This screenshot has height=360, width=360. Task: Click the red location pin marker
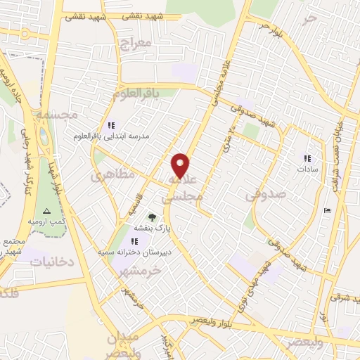click(181, 165)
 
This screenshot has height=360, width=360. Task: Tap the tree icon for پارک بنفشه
click(151, 217)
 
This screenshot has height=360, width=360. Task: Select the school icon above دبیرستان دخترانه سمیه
click(134, 241)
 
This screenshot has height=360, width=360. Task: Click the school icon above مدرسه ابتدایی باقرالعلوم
click(111, 125)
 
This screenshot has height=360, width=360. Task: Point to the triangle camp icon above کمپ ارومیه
click(46, 211)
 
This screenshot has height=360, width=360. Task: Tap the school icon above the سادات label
click(307, 158)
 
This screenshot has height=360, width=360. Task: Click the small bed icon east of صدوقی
click(326, 210)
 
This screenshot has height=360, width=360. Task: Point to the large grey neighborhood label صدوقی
click(266, 195)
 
